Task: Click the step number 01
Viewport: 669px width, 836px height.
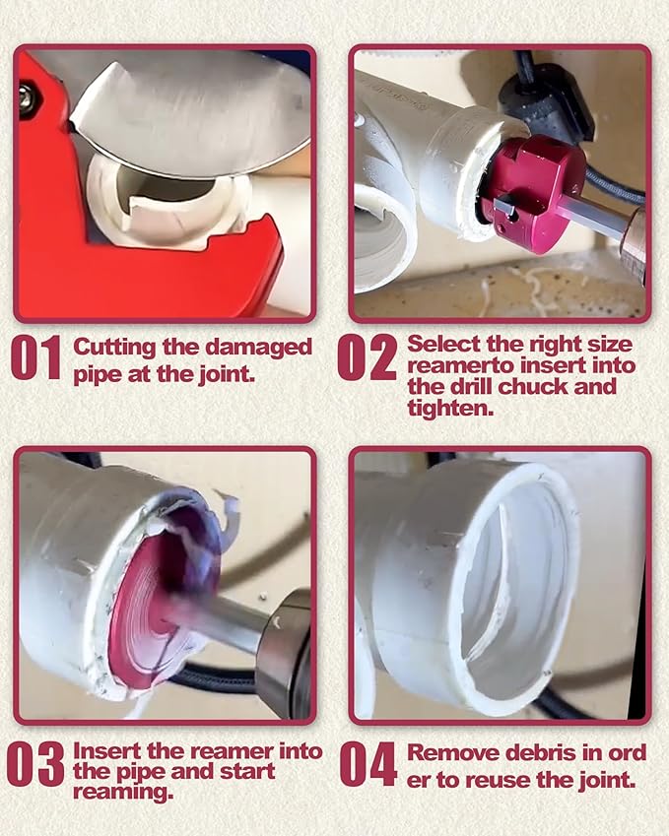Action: click(x=35, y=358)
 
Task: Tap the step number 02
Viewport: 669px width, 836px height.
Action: click(x=368, y=358)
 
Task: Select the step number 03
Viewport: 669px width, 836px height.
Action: click(x=35, y=764)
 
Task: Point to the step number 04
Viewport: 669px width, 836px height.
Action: click(x=368, y=764)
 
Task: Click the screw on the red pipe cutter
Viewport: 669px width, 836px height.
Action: click(x=24, y=96)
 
